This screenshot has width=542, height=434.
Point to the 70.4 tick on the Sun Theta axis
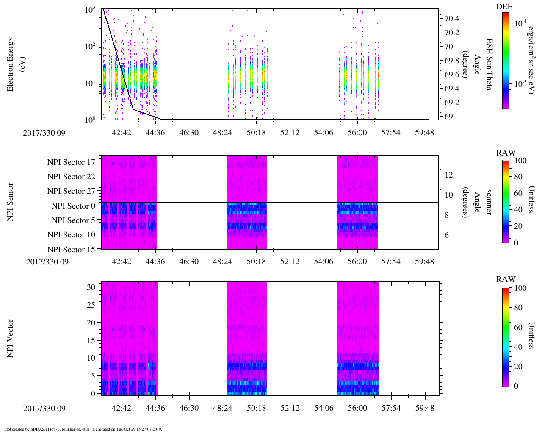tap(452, 18)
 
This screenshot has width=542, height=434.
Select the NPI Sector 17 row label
tap(71, 162)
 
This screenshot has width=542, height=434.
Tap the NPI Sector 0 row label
tap(73, 206)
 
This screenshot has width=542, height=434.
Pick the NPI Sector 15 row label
tap(71, 250)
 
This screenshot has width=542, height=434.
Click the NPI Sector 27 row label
tap(71, 191)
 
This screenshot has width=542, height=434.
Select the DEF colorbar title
tap(504, 7)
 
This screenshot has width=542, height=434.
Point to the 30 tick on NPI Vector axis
tap(91, 287)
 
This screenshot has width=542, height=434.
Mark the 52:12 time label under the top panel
tap(290, 133)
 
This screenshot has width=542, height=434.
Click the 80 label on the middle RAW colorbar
tap(520, 177)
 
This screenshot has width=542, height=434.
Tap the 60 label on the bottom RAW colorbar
tap(520, 327)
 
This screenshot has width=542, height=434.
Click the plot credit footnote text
tap(83, 429)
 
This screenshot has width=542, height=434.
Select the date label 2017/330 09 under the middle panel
tap(47, 262)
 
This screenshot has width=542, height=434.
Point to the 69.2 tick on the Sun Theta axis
tap(452, 103)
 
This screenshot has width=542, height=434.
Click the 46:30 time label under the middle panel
tap(188, 262)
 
